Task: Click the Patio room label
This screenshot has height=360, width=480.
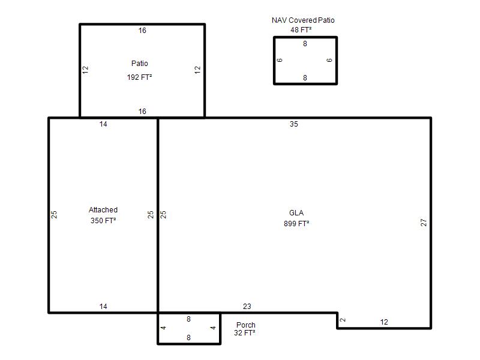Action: [140, 64]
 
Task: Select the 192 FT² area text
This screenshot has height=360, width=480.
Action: [140, 77]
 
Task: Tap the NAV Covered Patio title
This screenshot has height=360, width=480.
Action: [303, 20]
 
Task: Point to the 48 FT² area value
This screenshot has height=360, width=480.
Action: [301, 29]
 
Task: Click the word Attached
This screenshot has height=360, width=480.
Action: [103, 209]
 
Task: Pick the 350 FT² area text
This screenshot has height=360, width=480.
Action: [103, 220]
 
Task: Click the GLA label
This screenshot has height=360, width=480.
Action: [296, 213]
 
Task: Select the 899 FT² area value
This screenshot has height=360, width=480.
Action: [296, 223]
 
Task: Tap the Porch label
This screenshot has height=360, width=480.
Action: [246, 325]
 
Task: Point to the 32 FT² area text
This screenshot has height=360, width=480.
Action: [245, 333]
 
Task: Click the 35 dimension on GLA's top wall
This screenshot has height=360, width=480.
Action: [294, 124]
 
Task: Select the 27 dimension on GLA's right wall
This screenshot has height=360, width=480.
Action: [424, 222]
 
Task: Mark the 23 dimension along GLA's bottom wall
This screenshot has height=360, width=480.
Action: [247, 306]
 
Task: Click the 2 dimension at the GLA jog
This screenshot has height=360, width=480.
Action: [343, 320]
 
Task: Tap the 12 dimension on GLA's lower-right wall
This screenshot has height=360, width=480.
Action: [384, 322]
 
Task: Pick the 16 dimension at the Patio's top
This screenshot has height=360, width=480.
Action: [142, 31]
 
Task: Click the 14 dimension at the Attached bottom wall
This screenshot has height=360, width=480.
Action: [103, 306]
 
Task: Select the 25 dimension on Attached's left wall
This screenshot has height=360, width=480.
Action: [54, 214]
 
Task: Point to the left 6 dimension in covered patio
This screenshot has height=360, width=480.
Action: [280, 60]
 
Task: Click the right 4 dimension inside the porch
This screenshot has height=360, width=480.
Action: [213, 328]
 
